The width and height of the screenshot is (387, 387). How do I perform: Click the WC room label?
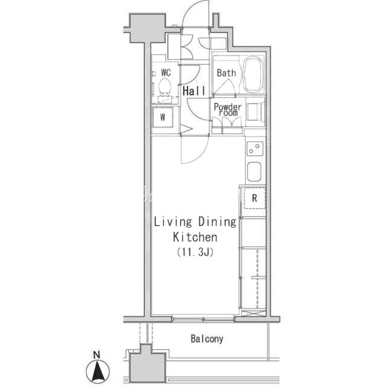(x=166, y=73)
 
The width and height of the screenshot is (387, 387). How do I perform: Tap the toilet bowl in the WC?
(x=164, y=88)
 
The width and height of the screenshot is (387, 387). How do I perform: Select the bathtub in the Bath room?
(x=253, y=74)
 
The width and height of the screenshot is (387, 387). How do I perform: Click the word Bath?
(x=226, y=73)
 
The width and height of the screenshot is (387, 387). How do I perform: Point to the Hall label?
(x=194, y=91)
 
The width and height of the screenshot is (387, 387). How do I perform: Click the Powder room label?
(x=227, y=109)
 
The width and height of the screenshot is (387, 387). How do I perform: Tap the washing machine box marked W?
(x=163, y=117)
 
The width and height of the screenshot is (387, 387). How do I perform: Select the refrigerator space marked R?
(x=255, y=198)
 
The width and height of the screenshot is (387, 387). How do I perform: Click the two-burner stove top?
(x=255, y=149)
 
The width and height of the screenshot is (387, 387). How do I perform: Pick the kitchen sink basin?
(x=254, y=172)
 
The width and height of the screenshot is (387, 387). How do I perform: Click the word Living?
(x=173, y=222)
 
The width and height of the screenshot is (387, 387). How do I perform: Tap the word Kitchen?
(x=195, y=237)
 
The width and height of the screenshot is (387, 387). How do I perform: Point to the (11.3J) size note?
(x=195, y=252)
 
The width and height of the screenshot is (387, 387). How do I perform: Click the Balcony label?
(x=207, y=339)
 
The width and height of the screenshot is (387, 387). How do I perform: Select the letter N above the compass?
(x=97, y=355)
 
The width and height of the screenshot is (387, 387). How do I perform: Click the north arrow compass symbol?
(x=98, y=371)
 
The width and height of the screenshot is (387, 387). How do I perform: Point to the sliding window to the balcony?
(x=203, y=319)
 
